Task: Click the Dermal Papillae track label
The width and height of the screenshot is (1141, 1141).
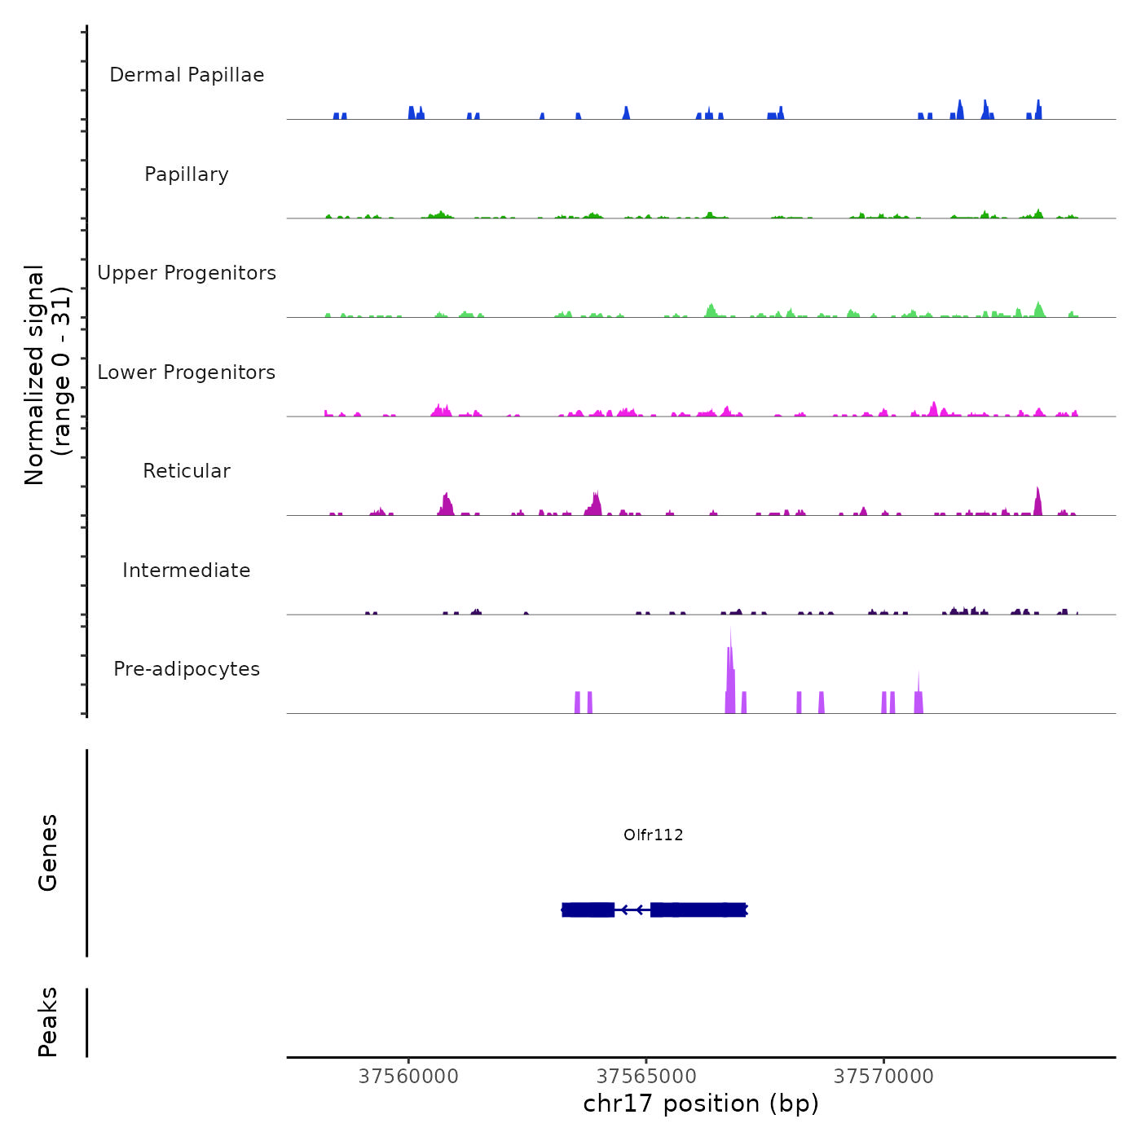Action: (x=187, y=75)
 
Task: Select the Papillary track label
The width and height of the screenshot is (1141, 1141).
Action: (x=187, y=174)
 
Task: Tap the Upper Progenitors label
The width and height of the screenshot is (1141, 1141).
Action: (x=187, y=273)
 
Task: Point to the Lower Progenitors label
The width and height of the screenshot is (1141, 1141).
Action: (x=187, y=372)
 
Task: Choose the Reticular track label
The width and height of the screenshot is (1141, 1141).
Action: (x=187, y=471)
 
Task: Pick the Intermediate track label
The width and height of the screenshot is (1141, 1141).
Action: (x=187, y=570)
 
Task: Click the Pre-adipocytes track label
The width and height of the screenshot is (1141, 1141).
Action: (x=187, y=669)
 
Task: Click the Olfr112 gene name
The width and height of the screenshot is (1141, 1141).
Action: (x=653, y=835)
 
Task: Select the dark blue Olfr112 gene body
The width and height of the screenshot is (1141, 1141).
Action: (x=697, y=910)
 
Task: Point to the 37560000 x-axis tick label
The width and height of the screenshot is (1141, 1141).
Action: (x=408, y=1077)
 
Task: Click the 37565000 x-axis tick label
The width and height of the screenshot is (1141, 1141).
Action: (x=646, y=1077)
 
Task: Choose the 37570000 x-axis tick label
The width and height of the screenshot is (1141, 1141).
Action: (x=883, y=1077)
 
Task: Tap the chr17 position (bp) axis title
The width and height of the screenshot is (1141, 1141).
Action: (x=701, y=1104)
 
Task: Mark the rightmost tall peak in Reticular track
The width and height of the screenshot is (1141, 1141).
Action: (x=1037, y=501)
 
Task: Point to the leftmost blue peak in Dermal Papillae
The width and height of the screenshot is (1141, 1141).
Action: (x=337, y=116)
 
